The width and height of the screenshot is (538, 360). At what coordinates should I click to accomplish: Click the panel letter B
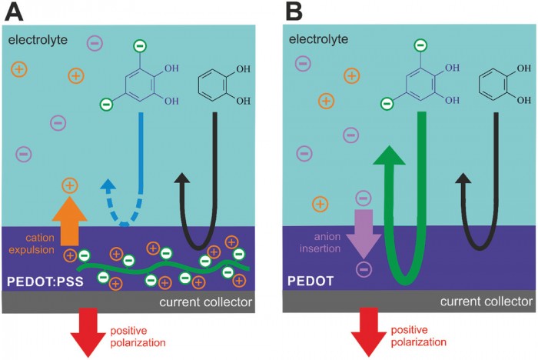[x=297, y=13]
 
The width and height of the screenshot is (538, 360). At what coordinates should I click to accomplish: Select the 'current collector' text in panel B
[x=487, y=302]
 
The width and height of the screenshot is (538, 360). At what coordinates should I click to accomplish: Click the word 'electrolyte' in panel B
[x=319, y=38]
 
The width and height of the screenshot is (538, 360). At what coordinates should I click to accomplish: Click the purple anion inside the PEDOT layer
[x=364, y=269]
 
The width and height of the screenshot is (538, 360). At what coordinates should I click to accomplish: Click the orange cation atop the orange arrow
[x=69, y=185]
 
